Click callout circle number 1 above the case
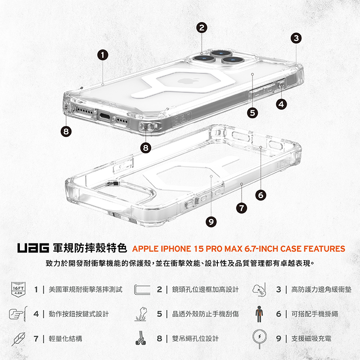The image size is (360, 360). (x=103, y=55)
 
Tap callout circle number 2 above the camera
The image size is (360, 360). (x=202, y=28)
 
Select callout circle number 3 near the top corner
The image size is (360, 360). (x=296, y=38)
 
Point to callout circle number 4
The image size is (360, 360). (x=282, y=104)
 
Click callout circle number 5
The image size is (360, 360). (x=252, y=112)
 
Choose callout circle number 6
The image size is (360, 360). (x=261, y=195)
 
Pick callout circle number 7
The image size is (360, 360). (x=242, y=207)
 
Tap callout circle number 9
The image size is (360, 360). (x=211, y=221)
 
